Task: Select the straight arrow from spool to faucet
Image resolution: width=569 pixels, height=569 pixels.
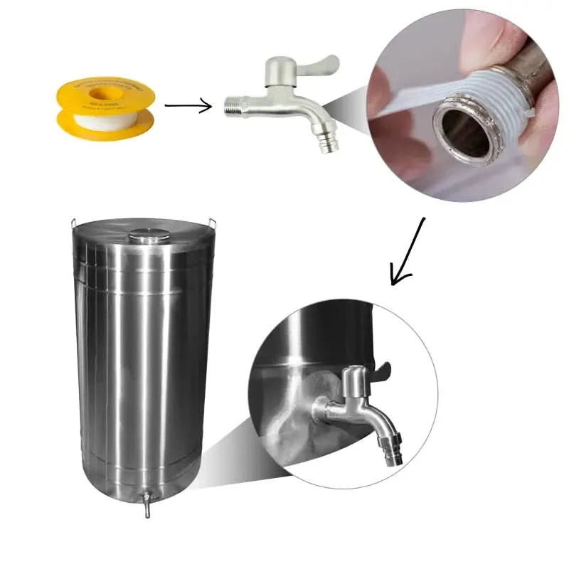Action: (188, 107)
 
